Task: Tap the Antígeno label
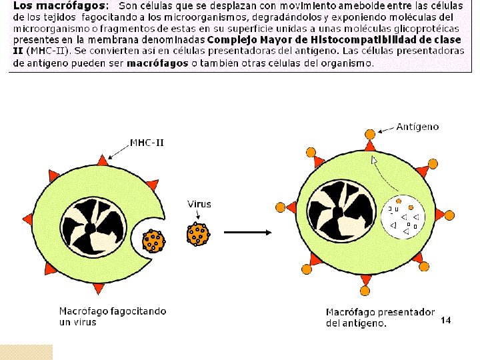pos(417,126)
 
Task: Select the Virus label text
pos(199,204)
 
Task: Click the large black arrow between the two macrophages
pos(247,233)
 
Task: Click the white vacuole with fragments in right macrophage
pos(405,217)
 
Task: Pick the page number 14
pos(446,321)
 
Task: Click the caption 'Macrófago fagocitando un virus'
pos(112,316)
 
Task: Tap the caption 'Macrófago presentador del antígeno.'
pos(380,317)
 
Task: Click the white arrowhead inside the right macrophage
pos(374,160)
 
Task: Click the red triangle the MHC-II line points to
pos(102,161)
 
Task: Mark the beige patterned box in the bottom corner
pos(26,352)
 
